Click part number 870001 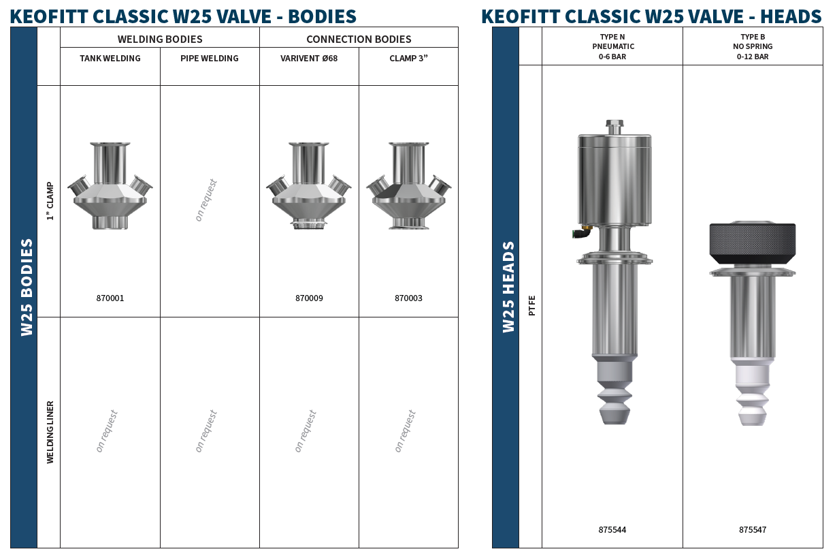pos(110,298)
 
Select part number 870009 pos(309,298)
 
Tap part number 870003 pos(408,298)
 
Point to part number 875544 pos(612,530)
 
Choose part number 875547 pos(753,530)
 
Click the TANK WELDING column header pos(110,59)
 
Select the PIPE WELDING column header pos(210,59)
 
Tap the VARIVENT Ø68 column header pos(309,59)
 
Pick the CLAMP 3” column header pos(408,59)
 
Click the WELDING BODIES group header pos(160,39)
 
